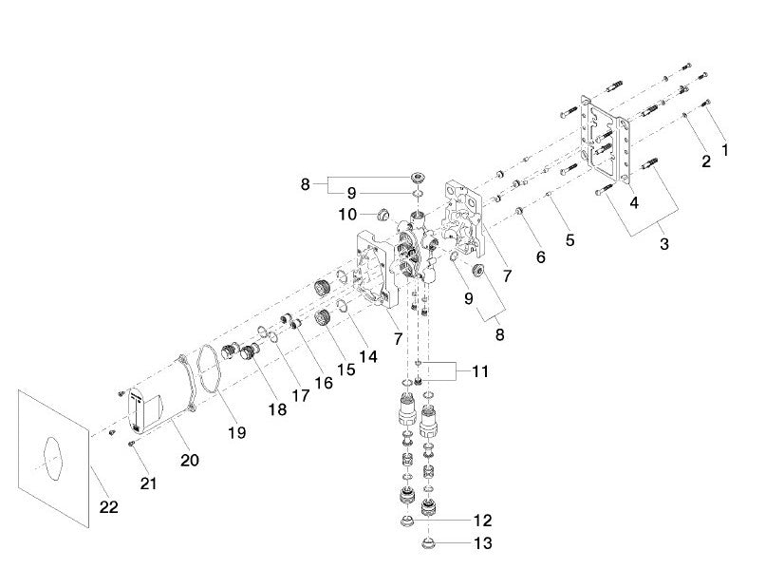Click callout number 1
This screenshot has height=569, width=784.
tap(726, 149)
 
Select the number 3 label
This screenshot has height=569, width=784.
tap(663, 243)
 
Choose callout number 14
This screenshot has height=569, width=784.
tap(367, 356)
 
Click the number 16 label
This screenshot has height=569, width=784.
tap(324, 382)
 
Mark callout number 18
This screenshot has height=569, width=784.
tap(276, 408)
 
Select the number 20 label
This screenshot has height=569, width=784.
tap(190, 460)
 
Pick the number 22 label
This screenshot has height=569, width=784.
tap(109, 507)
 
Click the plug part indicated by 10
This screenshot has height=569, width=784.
tap(384, 214)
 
